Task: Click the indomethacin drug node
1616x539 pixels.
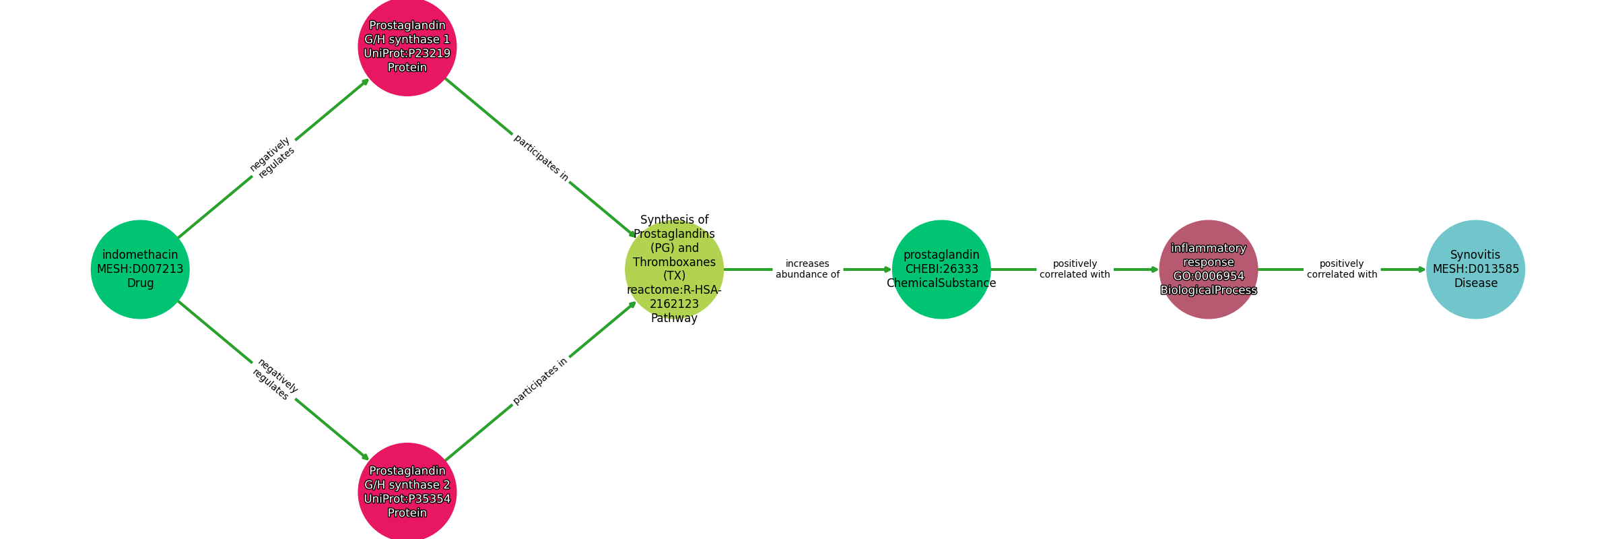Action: (140, 269)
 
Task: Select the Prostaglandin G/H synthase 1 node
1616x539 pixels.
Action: (407, 46)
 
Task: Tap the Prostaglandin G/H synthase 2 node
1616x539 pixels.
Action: (407, 492)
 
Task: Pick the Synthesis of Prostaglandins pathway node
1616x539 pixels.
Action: (674, 269)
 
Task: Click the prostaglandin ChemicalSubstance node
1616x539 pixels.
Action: (941, 269)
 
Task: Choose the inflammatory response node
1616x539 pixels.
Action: (1209, 269)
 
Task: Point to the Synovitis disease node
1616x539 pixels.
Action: (1475, 269)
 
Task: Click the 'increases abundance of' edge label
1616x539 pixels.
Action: (807, 269)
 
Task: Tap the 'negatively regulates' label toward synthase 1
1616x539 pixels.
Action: (272, 158)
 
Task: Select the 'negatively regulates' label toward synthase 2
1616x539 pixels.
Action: (275, 379)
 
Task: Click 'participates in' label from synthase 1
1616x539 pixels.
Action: (541, 158)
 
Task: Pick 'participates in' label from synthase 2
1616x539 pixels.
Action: (540, 381)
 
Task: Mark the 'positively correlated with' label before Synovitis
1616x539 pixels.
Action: (1342, 269)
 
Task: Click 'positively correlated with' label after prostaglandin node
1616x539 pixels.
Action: (1075, 269)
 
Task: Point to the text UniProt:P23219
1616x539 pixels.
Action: (407, 54)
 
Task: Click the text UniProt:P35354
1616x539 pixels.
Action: (407, 499)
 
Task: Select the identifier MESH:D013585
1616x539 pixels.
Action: (1475, 269)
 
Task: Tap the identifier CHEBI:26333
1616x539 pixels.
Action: (941, 269)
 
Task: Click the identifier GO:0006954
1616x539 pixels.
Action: (1209, 276)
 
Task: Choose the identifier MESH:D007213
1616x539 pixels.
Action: (140, 269)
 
